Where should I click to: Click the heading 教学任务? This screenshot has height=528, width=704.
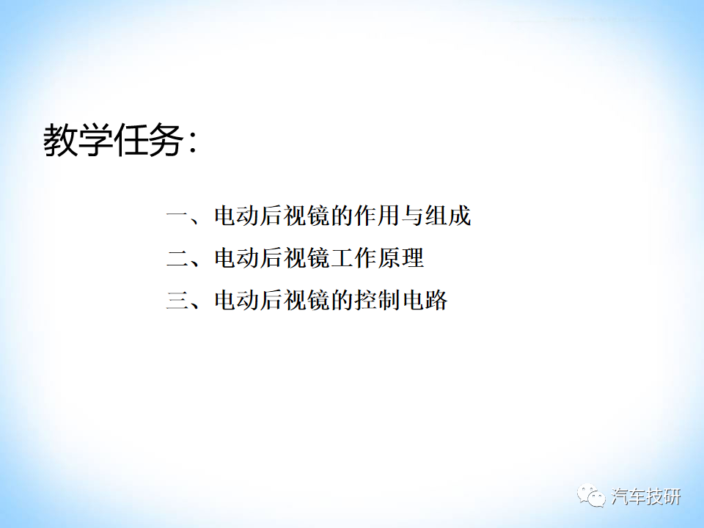click(113, 140)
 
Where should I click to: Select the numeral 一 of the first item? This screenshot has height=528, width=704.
click(177, 216)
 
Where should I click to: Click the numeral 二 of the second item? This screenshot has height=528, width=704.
click(177, 258)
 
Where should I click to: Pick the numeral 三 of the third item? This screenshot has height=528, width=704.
click(177, 300)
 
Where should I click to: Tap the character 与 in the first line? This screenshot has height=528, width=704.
click(412, 216)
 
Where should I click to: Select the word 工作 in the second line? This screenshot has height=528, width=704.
click(353, 258)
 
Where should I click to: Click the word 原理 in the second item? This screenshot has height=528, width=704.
click(401, 258)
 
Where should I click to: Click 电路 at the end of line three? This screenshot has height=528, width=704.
click(425, 300)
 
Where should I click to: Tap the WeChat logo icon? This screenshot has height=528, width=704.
click(591, 496)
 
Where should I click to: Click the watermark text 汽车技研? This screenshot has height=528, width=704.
click(646, 496)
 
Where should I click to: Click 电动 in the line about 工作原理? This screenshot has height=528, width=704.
click(237, 258)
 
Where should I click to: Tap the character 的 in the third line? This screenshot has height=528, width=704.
click(342, 300)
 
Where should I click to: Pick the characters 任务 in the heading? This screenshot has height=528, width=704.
click(148, 140)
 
